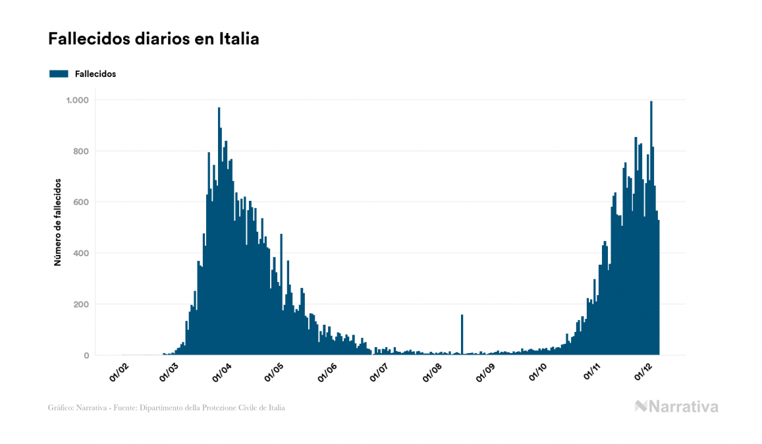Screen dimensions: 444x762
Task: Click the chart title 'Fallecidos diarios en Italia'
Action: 153,39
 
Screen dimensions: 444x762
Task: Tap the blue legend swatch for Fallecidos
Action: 59,74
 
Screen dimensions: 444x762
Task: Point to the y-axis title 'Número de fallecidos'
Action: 57,221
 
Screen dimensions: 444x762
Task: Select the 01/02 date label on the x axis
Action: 119,372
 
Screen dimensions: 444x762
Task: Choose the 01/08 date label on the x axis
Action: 433,372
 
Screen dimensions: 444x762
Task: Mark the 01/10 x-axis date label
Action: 538,372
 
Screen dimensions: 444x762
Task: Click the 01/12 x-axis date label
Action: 643,372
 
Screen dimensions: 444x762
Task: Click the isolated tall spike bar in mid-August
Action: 462,336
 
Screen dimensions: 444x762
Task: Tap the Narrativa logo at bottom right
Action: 676,406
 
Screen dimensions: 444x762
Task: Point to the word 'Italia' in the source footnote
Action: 277,408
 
